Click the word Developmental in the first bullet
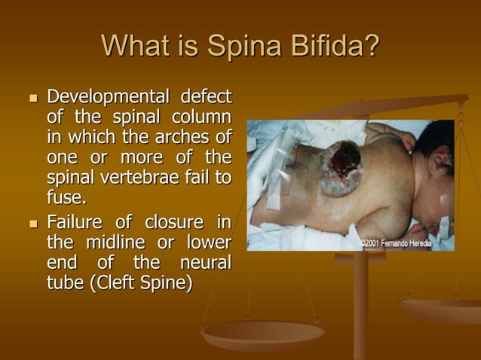[x=104, y=99]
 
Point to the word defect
[x=204, y=99]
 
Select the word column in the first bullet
[x=200, y=119]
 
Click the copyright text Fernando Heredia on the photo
[x=415, y=243]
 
